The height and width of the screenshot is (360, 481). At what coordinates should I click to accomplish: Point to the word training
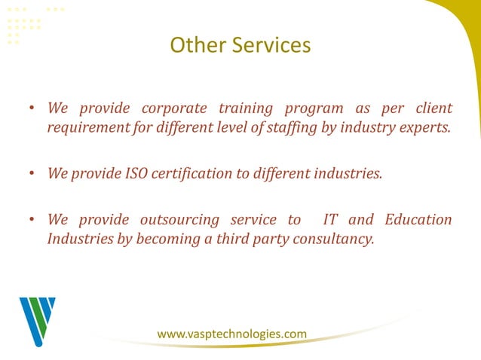coord(247,109)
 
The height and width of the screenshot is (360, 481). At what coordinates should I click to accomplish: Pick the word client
coord(433,109)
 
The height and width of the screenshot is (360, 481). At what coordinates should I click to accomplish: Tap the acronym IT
coord(329,220)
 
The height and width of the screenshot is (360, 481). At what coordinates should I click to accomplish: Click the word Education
coord(418,220)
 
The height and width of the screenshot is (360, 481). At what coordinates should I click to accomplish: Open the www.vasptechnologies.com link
coord(231,334)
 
